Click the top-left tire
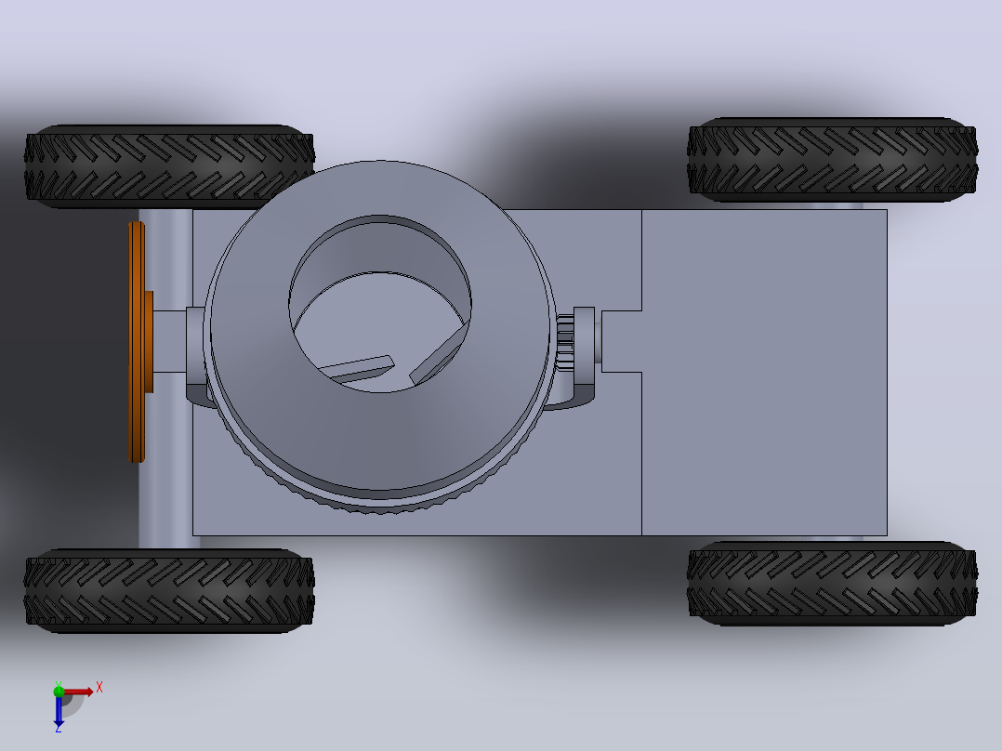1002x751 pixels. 169,166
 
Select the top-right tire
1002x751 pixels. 832,159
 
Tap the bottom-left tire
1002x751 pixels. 169,590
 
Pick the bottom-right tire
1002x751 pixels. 832,584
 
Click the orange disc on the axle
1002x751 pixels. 136,342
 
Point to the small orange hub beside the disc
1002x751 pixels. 149,342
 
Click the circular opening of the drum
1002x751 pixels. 380,304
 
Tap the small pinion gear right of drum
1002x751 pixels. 565,342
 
